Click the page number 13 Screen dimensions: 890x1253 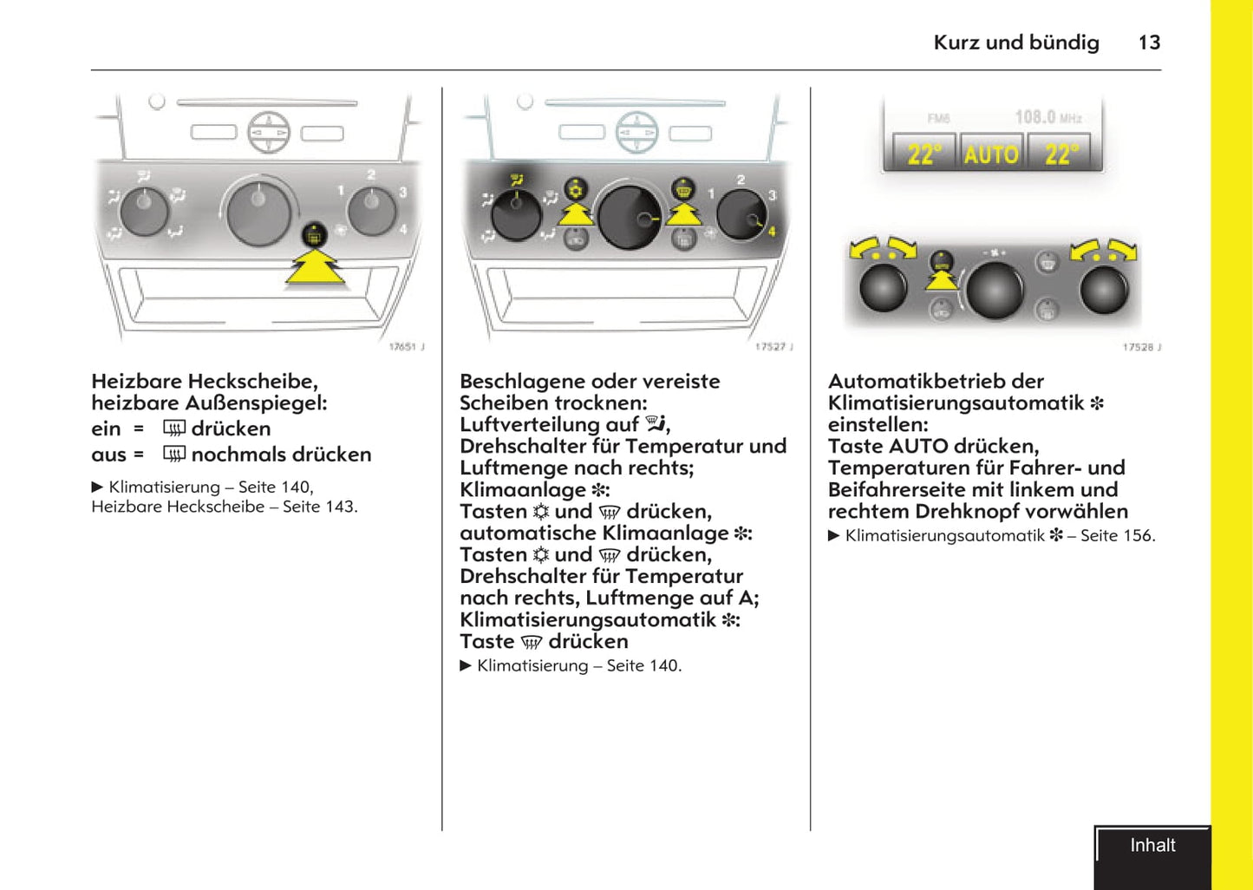(x=1149, y=43)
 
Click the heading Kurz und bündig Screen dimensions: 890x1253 (x=1015, y=43)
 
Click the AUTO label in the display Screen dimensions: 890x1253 (x=991, y=154)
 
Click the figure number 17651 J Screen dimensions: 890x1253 (x=406, y=347)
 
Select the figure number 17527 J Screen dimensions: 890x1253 (x=773, y=347)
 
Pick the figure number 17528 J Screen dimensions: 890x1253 (x=1141, y=347)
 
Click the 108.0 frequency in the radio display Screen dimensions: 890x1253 (x=1035, y=116)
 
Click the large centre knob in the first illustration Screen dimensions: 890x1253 (x=258, y=213)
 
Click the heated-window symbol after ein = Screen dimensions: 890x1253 (x=174, y=429)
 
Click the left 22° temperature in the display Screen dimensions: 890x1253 (x=923, y=154)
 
